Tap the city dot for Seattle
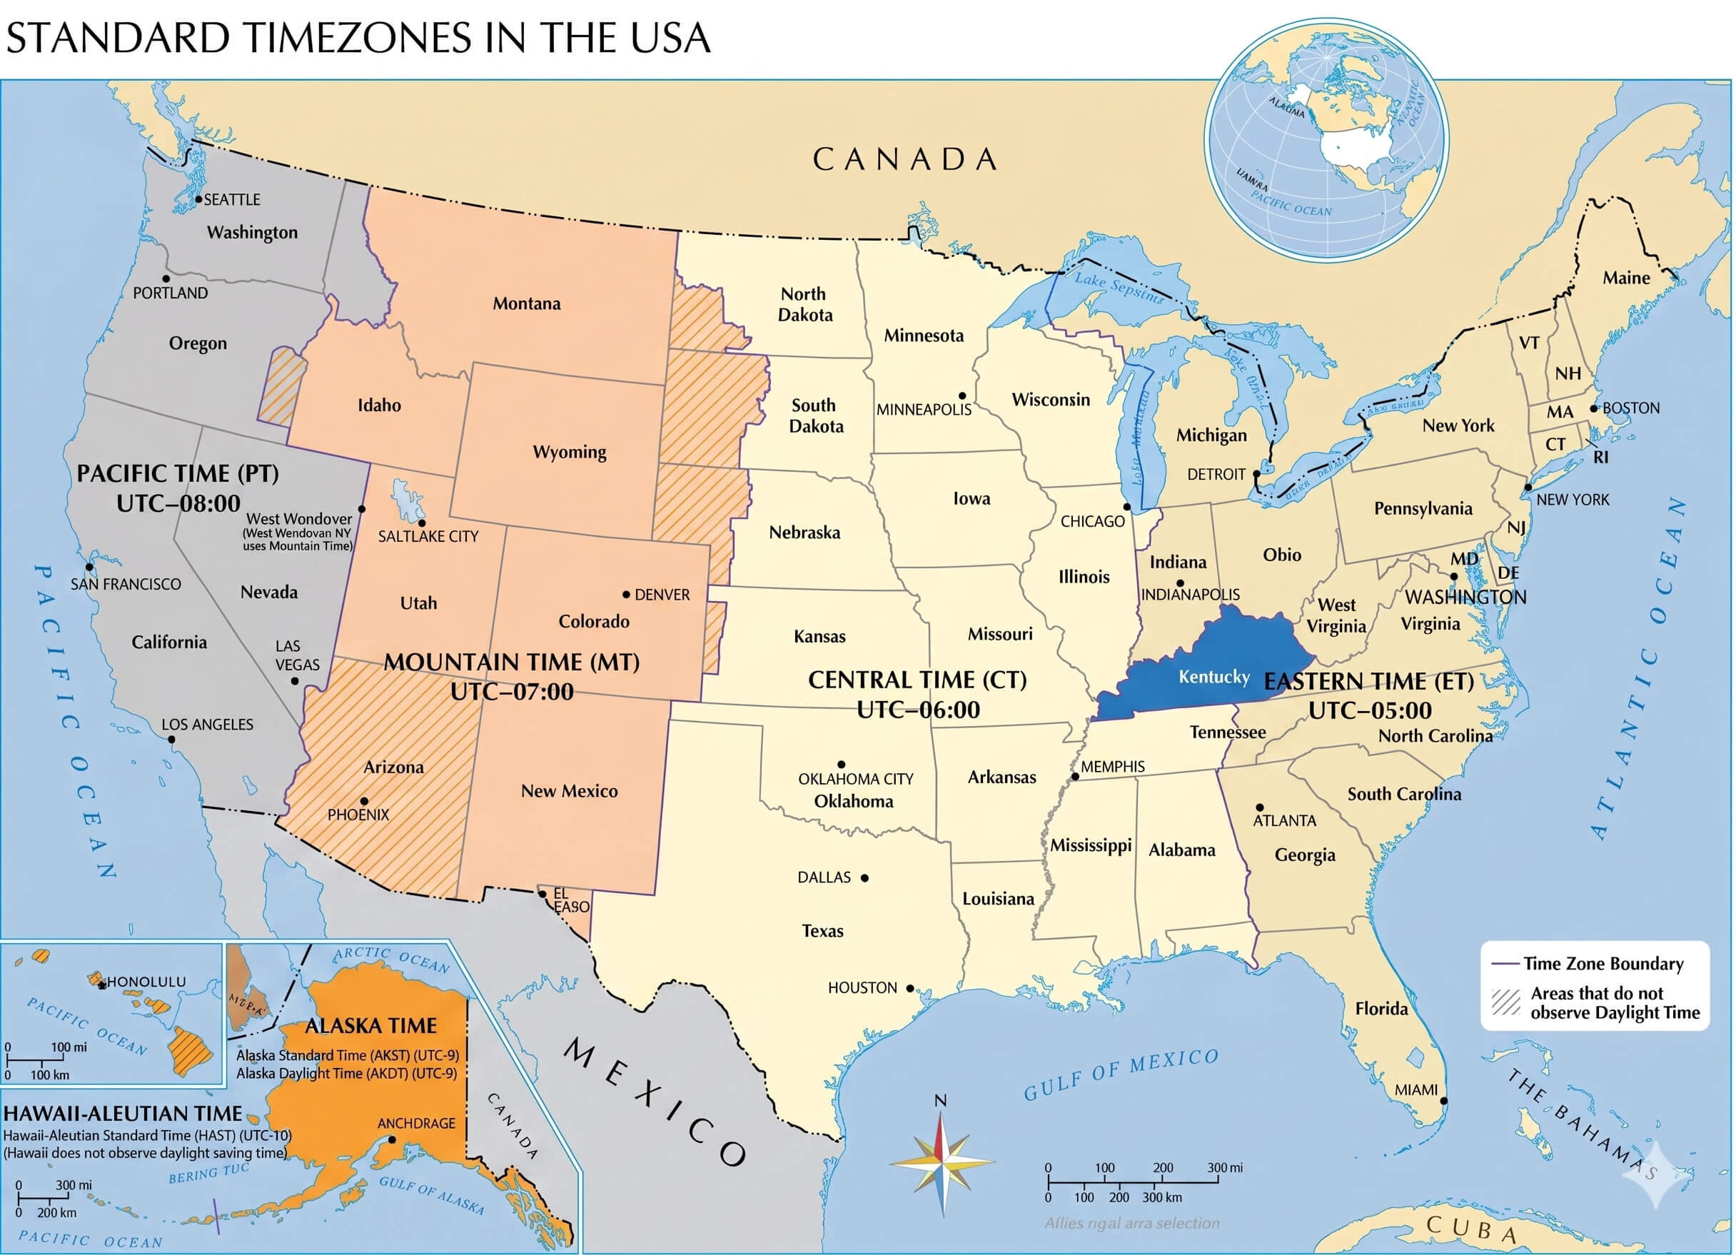[199, 199]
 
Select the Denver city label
[662, 595]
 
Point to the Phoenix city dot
[364, 801]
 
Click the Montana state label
[527, 304]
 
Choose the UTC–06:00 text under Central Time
[918, 710]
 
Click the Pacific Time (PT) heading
[178, 473]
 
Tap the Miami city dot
[1443, 1101]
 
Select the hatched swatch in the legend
[1505, 1002]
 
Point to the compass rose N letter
[941, 1101]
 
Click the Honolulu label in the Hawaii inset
[146, 982]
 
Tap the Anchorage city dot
[392, 1139]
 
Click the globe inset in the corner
[1326, 139]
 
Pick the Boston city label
[1631, 408]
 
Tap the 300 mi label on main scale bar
[1225, 1168]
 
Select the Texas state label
[823, 931]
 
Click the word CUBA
[1472, 1228]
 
